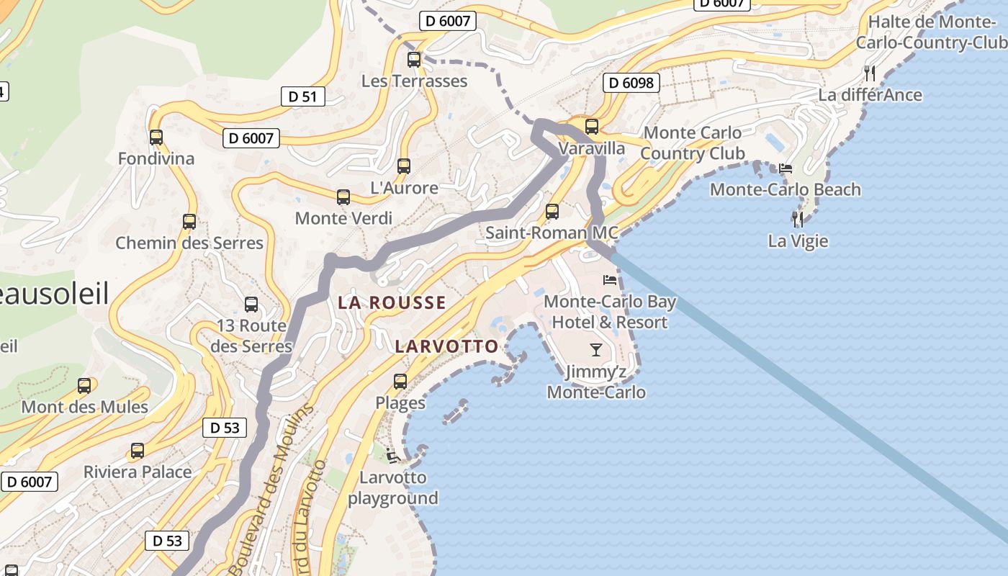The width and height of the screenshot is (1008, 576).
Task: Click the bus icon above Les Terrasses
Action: [x=414, y=60]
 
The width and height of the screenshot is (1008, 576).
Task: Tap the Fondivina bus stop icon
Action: [x=156, y=138]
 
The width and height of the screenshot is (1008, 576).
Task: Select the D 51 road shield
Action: [x=304, y=96]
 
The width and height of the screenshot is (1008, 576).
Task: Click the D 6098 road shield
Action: [x=631, y=83]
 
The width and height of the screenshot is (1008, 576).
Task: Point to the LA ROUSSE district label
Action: [x=392, y=302]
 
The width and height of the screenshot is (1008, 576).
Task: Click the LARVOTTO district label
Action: [x=446, y=346]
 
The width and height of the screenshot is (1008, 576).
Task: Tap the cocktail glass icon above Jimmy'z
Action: [x=596, y=350]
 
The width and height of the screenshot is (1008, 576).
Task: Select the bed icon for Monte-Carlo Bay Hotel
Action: [x=610, y=279]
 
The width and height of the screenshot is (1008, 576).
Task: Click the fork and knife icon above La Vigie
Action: [x=797, y=218]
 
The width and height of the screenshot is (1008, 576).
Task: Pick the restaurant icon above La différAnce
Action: [x=870, y=73]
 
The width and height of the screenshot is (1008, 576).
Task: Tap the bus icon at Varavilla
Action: [x=592, y=127]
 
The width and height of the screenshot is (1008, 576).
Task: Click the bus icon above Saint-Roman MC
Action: [x=552, y=212]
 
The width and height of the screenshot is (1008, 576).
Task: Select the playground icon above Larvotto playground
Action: [x=392, y=455]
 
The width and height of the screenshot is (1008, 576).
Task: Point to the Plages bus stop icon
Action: [x=400, y=382]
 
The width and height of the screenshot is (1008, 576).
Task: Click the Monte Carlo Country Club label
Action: [x=692, y=143]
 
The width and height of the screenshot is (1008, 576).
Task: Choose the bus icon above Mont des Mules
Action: [x=84, y=386]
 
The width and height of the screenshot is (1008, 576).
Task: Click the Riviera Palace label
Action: [x=138, y=472]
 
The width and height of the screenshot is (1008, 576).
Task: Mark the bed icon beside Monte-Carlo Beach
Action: [x=786, y=168]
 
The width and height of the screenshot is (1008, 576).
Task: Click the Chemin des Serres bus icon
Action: [x=189, y=222]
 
